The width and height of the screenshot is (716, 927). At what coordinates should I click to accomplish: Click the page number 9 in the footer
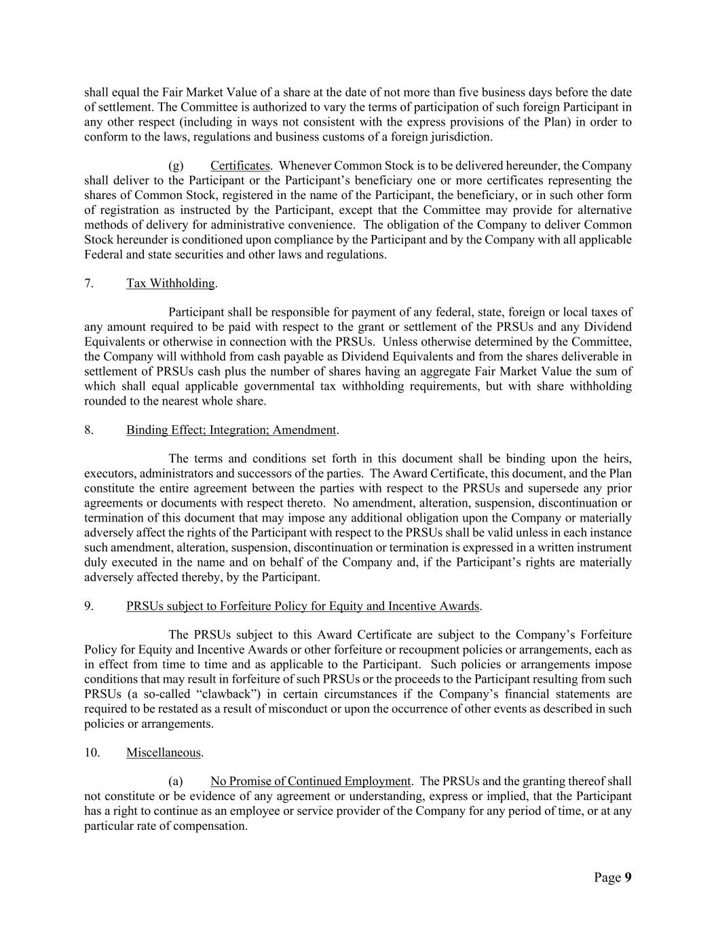pos(628,877)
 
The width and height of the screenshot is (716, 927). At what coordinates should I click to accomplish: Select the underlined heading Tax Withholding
pos(170,283)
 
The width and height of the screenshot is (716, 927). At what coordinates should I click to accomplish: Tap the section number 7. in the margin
pos(89,283)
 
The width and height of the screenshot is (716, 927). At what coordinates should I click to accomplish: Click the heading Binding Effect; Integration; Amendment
pos(231,430)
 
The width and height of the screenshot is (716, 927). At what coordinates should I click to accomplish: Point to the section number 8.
pos(89,430)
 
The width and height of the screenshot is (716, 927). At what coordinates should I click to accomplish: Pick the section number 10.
pos(92,752)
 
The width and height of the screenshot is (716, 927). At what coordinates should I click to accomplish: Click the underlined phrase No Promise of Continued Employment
pos(310,782)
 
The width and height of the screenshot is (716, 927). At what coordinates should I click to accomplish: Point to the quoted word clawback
pos(231,694)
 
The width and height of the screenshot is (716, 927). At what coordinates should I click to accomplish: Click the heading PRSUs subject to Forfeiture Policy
pos(303,606)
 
